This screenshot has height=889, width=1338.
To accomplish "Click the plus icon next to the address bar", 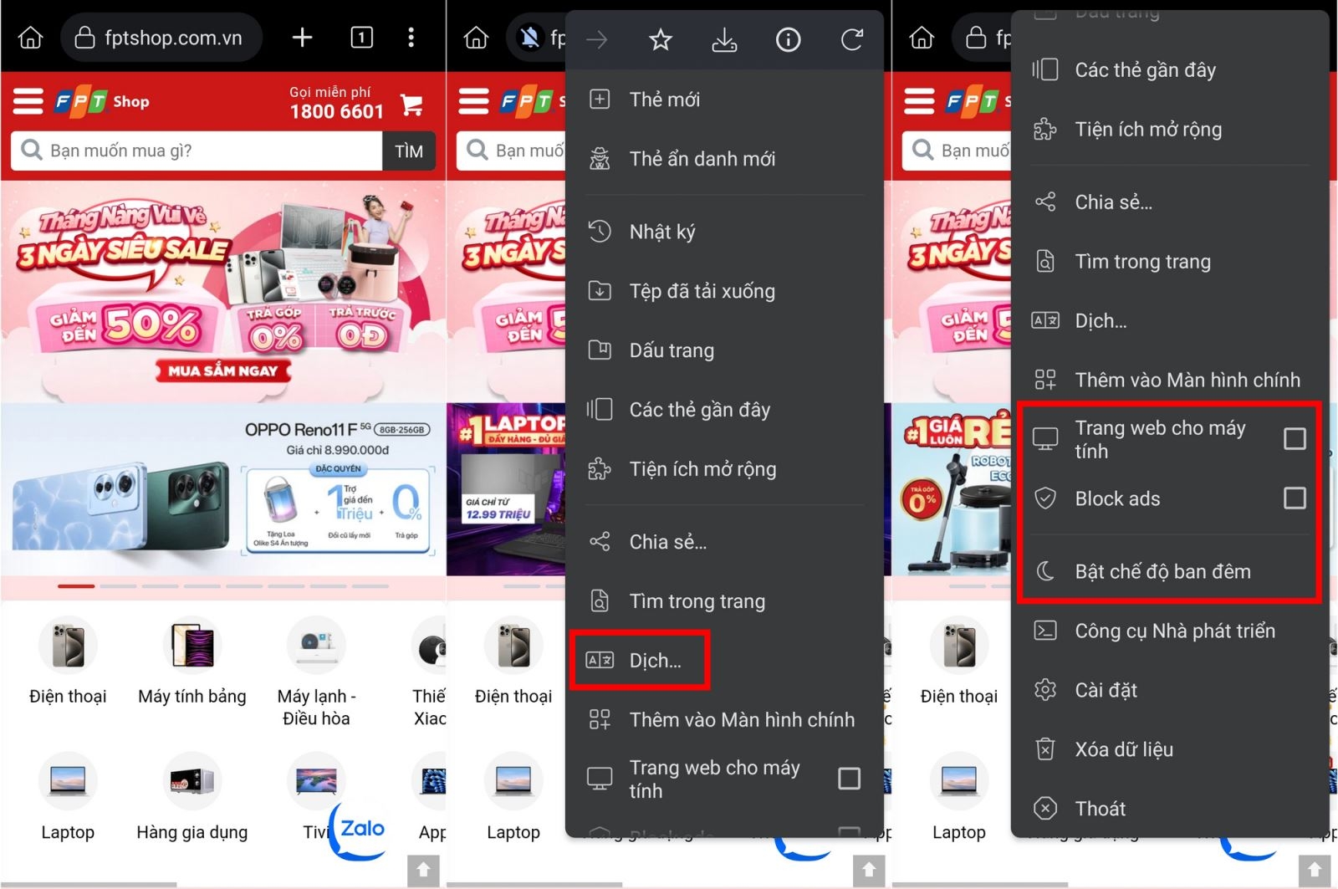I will [x=302, y=38].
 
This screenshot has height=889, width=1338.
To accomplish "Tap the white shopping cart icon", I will [x=411, y=105].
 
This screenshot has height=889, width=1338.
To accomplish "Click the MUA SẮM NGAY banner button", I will [x=222, y=370].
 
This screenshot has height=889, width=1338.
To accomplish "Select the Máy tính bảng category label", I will [x=192, y=696].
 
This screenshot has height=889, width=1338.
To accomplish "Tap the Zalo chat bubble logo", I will [x=361, y=830].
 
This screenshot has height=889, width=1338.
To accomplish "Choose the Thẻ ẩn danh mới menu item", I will [x=701, y=159].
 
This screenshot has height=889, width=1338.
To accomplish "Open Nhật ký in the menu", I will [x=661, y=232].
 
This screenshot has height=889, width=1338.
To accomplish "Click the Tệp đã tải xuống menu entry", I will [x=701, y=291].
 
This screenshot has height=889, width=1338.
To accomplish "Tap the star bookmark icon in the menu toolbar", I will [x=661, y=39].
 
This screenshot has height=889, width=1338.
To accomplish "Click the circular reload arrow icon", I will [x=851, y=39].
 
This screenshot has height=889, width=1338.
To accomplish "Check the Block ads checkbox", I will [x=1295, y=498].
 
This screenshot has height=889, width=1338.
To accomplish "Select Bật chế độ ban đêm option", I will [x=1162, y=571].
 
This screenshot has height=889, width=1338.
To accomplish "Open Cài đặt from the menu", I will [x=1106, y=690].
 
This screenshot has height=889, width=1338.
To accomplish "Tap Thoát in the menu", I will [x=1100, y=809].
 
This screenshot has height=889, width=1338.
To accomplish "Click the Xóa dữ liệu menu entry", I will [x=1123, y=749].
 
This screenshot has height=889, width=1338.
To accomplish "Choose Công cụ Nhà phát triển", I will [x=1174, y=631].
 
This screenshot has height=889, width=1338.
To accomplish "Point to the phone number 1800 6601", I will [x=336, y=111].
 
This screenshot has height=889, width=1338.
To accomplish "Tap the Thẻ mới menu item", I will [x=664, y=100].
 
